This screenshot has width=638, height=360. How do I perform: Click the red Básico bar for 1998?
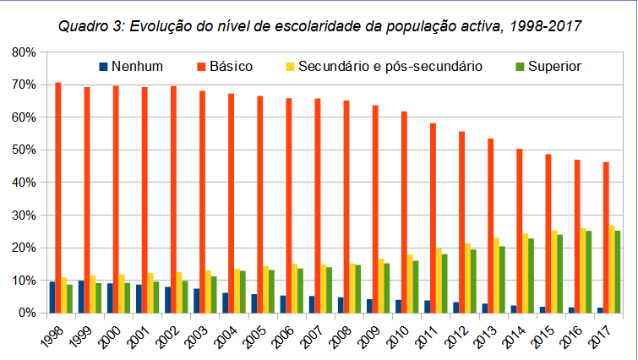coord(58,198)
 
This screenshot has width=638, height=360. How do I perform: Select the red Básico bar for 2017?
coord(606,237)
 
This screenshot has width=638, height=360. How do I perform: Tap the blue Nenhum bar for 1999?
coord(81,297)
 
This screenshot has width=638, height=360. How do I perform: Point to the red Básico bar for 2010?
coord(404,212)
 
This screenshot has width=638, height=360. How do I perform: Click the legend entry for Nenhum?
coord(130,66)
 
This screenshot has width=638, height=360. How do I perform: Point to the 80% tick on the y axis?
coord(24,52)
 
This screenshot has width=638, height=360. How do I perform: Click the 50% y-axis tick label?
coord(24,150)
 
